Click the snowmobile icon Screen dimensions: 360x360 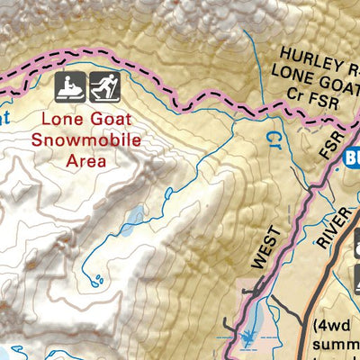73,87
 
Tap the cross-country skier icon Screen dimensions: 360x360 104,87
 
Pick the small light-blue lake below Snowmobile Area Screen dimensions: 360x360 133,216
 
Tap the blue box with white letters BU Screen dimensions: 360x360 351,158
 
